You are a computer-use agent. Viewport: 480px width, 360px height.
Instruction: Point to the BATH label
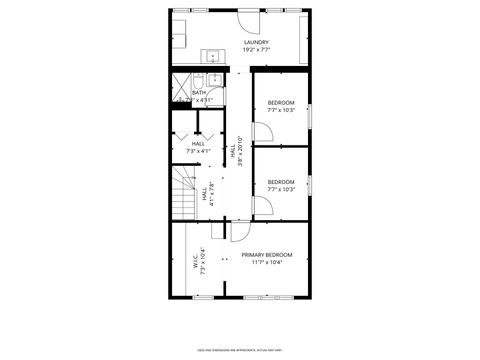[x=185, y=93]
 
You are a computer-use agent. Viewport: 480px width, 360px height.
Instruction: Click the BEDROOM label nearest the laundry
[x=281, y=102]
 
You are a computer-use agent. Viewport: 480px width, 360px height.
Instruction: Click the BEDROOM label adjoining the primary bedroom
[x=281, y=181]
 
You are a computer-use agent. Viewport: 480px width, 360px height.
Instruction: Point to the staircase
[x=183, y=195]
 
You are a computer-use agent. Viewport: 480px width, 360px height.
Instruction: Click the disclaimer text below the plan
[x=240, y=349]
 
